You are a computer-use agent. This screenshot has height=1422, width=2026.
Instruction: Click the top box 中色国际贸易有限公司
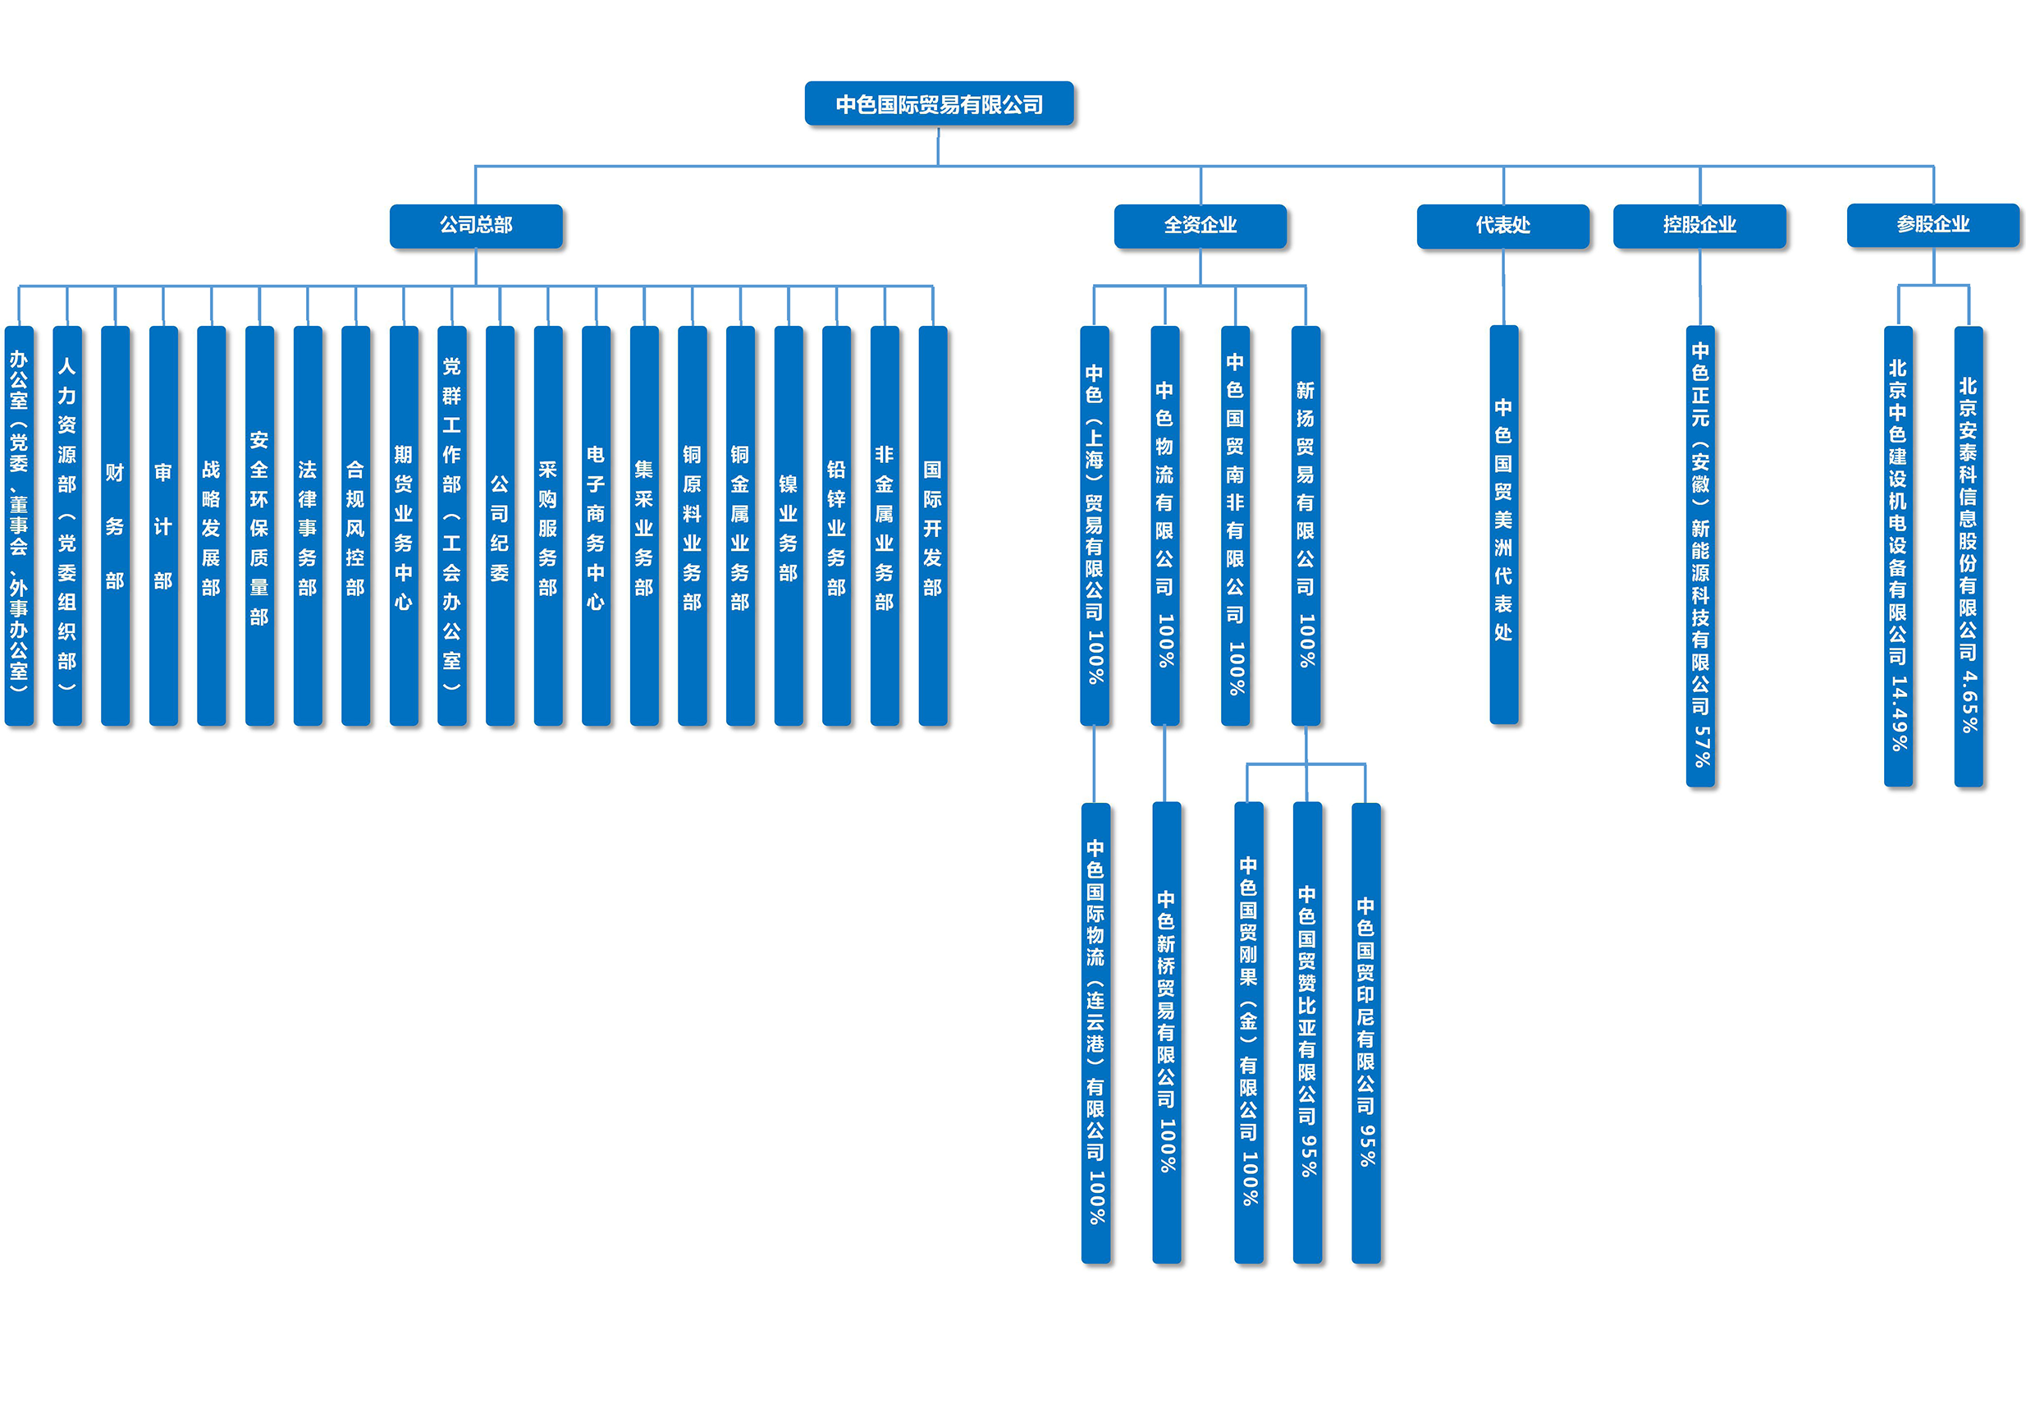(x=939, y=104)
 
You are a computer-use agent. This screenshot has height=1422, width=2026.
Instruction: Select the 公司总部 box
(x=476, y=226)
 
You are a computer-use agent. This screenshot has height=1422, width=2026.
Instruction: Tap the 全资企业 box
(x=1200, y=226)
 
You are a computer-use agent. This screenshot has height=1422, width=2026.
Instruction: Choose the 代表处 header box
(x=1502, y=226)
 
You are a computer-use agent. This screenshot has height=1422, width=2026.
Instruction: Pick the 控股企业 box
(x=1699, y=226)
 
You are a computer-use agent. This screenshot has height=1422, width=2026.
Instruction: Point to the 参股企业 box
(x=1932, y=225)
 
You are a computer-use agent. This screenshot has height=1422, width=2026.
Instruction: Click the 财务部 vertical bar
(x=115, y=526)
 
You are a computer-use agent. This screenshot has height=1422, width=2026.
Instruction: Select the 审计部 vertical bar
(x=163, y=526)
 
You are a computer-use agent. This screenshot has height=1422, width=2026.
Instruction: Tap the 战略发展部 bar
(x=211, y=526)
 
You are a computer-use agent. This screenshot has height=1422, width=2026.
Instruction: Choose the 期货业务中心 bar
(x=403, y=526)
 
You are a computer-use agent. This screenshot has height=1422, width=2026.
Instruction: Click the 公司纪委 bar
(x=500, y=526)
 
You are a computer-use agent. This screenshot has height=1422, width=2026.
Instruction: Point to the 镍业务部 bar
(x=788, y=526)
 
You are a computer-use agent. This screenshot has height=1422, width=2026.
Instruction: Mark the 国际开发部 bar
(x=933, y=526)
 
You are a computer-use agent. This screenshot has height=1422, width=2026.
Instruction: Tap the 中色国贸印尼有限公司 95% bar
(x=1366, y=1033)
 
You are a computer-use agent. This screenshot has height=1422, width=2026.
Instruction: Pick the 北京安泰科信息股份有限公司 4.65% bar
(x=1969, y=556)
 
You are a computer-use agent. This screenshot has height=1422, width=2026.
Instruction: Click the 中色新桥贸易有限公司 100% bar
(x=1167, y=1033)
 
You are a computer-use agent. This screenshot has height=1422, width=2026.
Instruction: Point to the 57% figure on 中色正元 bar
(x=1701, y=745)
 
